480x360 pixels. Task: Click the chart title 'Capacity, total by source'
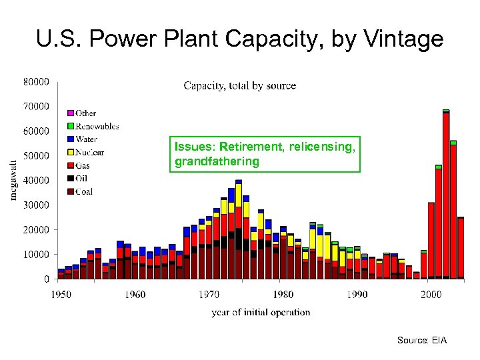pyautogui.click(x=239, y=85)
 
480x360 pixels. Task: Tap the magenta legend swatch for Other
pyautogui.click(x=70, y=113)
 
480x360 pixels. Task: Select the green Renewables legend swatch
pyautogui.click(x=70, y=126)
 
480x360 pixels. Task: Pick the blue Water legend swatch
pyautogui.click(x=70, y=139)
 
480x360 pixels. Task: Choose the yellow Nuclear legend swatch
pyautogui.click(x=70, y=153)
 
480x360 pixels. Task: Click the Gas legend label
pyautogui.click(x=83, y=165)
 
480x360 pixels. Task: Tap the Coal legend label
pyautogui.click(x=84, y=191)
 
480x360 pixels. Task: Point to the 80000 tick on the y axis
pyautogui.click(x=37, y=82)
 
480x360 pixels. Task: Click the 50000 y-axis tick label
pyautogui.click(x=37, y=156)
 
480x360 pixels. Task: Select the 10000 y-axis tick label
pyautogui.click(x=37, y=255)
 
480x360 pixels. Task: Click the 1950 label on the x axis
pyautogui.click(x=61, y=295)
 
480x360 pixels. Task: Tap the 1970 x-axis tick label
pyautogui.click(x=209, y=295)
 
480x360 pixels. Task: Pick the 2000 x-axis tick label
pyautogui.click(x=431, y=295)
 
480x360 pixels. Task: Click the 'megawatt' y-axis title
pyautogui.click(x=13, y=179)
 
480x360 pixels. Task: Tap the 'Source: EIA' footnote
pyautogui.click(x=422, y=341)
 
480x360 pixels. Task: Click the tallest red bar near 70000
pyautogui.click(x=446, y=193)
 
